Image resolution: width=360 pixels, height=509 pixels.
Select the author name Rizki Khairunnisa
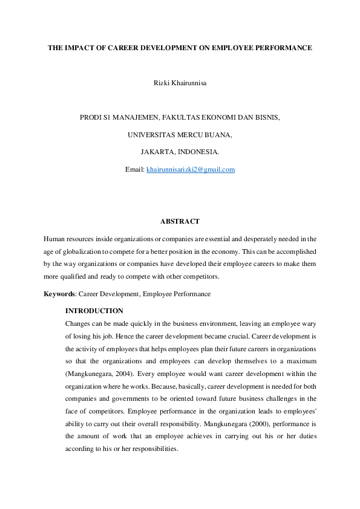click(180, 83)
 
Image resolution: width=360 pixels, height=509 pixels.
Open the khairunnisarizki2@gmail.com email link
click(191, 170)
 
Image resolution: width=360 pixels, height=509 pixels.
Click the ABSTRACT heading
click(180, 222)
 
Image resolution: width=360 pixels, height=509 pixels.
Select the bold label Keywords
click(59, 294)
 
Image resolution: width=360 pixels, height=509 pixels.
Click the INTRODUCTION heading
click(94, 311)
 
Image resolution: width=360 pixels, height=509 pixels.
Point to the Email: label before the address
click(135, 170)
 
